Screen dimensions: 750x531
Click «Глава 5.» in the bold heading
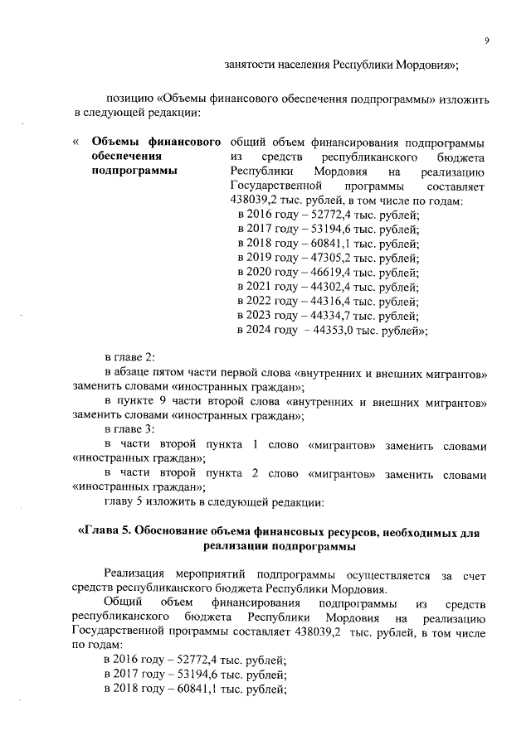[105, 531]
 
